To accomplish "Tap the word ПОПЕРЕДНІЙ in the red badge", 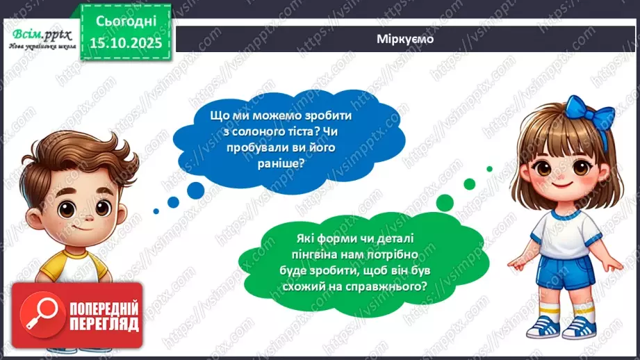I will click(x=103, y=309).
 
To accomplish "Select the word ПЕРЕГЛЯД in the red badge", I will click(x=103, y=324).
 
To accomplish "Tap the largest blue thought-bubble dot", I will click(x=195, y=189).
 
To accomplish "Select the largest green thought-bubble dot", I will click(x=445, y=202).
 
